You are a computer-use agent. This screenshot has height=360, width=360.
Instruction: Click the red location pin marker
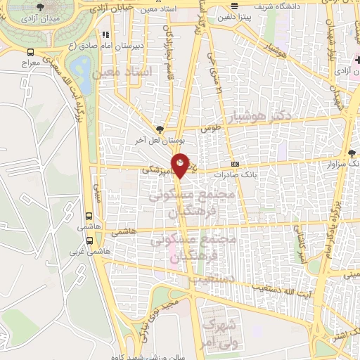click(x=181, y=165)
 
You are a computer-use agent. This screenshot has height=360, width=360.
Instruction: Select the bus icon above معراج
click(x=30, y=52)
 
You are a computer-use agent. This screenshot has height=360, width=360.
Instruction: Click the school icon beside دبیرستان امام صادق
click(x=106, y=34)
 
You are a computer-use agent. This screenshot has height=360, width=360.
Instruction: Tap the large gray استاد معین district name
click(x=127, y=72)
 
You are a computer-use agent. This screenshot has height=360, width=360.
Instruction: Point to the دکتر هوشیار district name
click(x=258, y=114)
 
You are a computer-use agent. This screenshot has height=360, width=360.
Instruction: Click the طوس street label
click(x=210, y=129)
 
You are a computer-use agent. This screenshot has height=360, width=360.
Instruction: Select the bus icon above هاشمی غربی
click(x=89, y=236)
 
